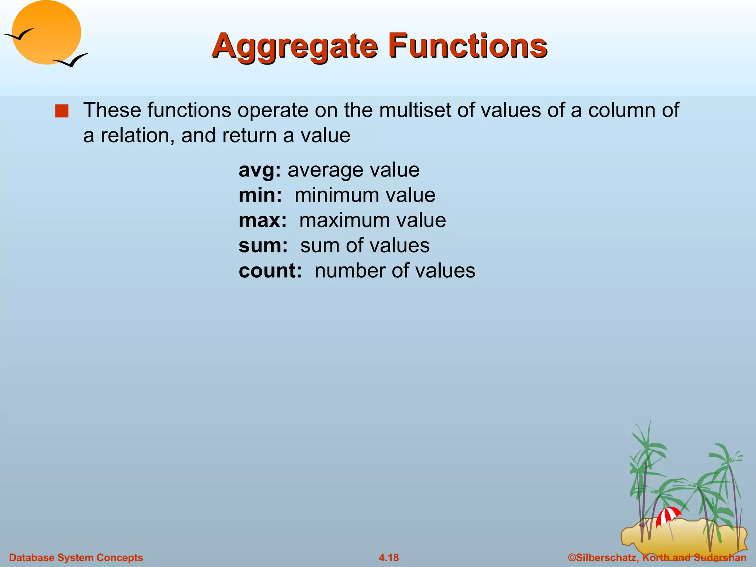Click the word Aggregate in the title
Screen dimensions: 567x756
pyautogui.click(x=295, y=47)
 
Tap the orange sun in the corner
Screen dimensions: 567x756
pyautogui.click(x=46, y=32)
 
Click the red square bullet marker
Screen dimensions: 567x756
pyautogui.click(x=62, y=111)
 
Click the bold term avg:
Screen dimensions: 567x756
pyautogui.click(x=260, y=170)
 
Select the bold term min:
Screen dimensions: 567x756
pyautogui.click(x=260, y=195)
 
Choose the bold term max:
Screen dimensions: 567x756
pyautogui.click(x=262, y=220)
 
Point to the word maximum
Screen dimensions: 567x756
pyautogui.click(x=344, y=220)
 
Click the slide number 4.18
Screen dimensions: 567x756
pyautogui.click(x=389, y=557)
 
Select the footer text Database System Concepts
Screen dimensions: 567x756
pyautogui.click(x=76, y=557)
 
